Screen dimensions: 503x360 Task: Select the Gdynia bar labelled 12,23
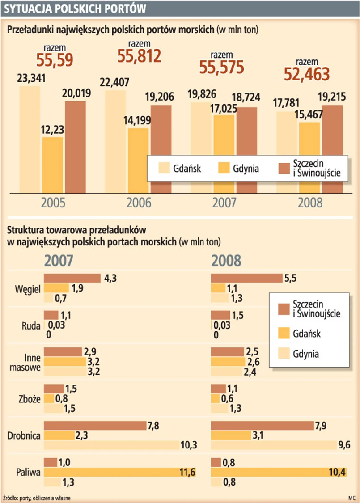(53, 165)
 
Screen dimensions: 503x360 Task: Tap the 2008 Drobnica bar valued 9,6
(272, 445)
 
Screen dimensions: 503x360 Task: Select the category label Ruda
(31, 325)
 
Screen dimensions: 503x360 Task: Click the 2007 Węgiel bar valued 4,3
(72, 279)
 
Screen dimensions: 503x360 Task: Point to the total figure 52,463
(307, 73)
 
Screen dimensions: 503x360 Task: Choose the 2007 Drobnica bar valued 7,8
(95, 425)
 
